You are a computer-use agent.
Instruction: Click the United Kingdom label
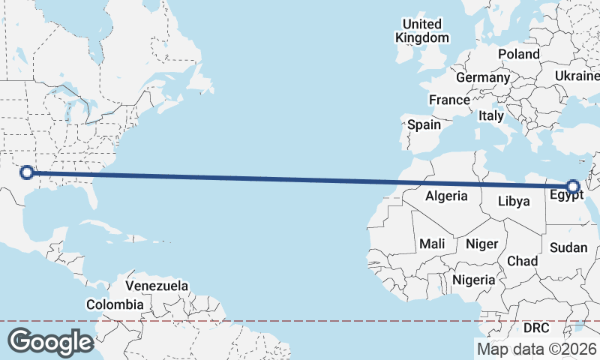point(422,31)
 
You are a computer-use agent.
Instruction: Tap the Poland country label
point(518,54)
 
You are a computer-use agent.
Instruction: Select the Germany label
point(482,77)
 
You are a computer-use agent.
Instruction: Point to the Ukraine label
point(577,76)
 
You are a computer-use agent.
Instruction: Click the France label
point(449,100)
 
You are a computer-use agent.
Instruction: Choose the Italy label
point(491,116)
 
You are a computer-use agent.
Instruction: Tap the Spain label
point(424,125)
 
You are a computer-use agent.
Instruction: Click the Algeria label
point(446,196)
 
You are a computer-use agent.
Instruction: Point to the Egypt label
point(566,196)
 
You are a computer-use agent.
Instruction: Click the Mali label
point(432,244)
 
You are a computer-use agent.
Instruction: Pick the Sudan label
point(568,247)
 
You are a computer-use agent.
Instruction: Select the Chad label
point(523,261)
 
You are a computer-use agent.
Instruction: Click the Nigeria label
point(474,280)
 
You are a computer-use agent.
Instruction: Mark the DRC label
point(536,328)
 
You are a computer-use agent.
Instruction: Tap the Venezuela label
point(157,286)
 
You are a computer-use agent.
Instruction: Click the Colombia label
point(115,304)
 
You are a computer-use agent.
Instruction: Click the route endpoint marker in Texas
point(27,172)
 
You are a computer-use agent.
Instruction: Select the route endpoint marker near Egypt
point(574,187)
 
